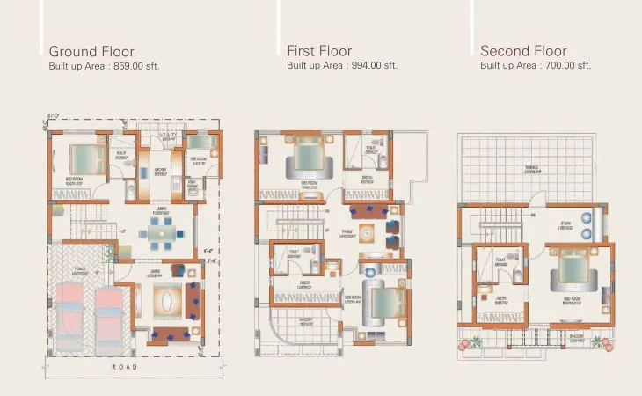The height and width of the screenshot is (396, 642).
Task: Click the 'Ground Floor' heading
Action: (x=92, y=51)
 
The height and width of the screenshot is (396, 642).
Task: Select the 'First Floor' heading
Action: (x=319, y=51)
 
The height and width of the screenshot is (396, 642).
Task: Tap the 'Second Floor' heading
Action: (x=523, y=51)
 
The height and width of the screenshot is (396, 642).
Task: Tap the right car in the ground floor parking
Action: (x=109, y=313)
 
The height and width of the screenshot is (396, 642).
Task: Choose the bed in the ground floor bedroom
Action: (x=85, y=159)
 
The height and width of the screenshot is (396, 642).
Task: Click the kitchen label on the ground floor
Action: (x=161, y=172)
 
